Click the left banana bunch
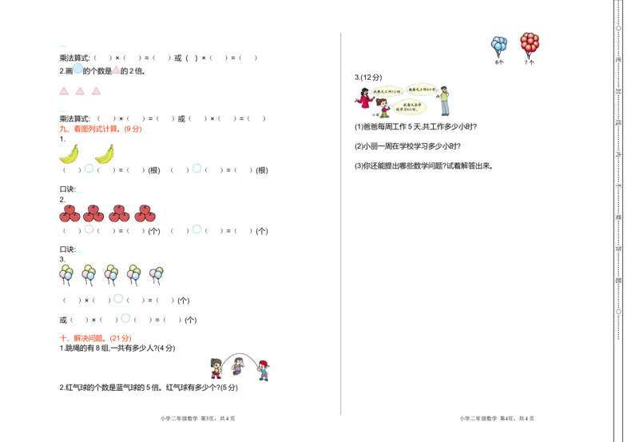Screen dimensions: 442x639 69,153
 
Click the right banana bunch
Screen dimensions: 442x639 105,153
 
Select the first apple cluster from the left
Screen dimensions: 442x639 70,213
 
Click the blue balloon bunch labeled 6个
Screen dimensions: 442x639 499,46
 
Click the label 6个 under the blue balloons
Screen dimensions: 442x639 499,62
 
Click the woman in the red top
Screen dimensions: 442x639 365,98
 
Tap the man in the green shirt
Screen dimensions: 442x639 444,100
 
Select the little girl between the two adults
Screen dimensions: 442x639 383,108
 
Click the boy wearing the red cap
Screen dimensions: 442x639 264,369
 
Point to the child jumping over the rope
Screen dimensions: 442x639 238,365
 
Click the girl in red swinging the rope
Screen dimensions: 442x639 215,368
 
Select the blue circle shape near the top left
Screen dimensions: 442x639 78,69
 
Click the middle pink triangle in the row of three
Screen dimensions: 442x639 80,90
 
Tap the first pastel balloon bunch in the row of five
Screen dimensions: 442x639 66,274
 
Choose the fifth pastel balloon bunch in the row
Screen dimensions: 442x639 157,274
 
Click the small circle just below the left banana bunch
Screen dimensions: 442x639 89,170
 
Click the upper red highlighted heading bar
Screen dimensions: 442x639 101,128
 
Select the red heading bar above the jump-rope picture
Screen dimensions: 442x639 96,339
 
